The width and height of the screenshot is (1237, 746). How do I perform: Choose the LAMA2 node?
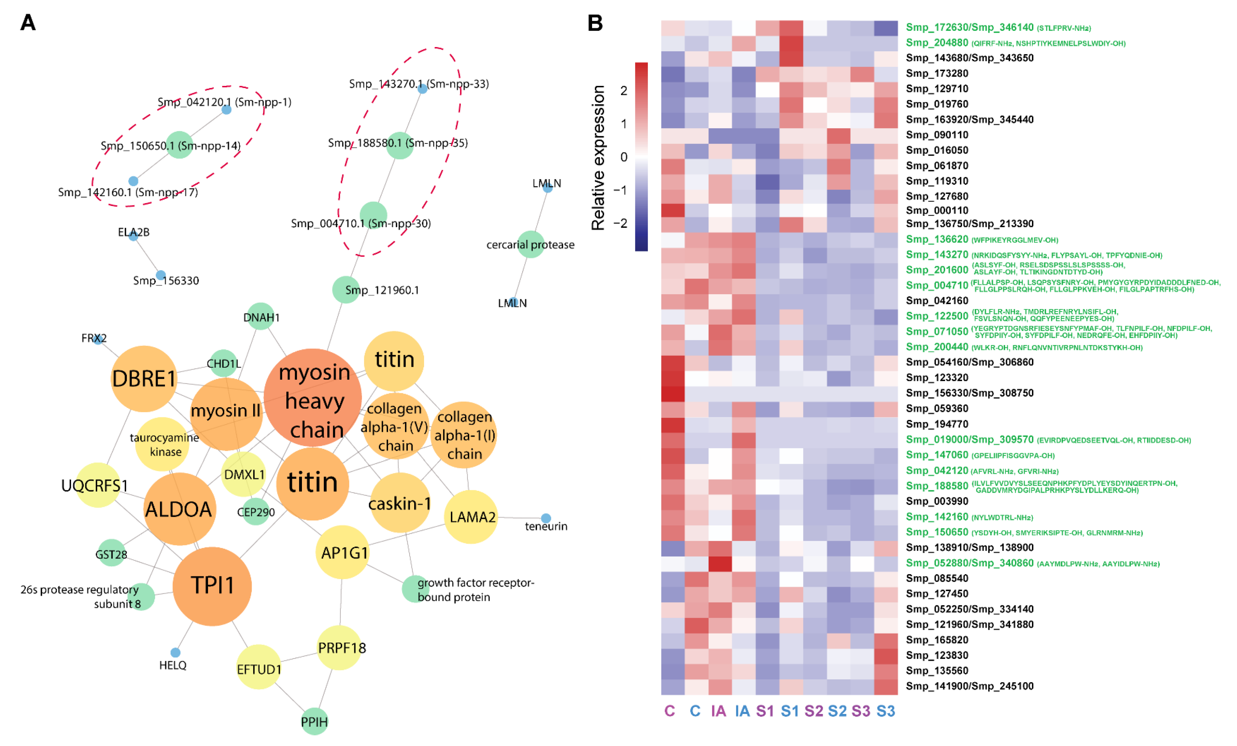(471, 517)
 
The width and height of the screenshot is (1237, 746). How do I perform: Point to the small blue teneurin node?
(546, 518)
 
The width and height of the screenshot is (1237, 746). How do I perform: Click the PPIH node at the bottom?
(314, 722)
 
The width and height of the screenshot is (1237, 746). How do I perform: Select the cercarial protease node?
(531, 245)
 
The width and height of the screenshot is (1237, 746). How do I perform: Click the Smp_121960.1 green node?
(346, 290)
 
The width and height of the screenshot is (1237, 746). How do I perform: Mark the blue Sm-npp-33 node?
(423, 89)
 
